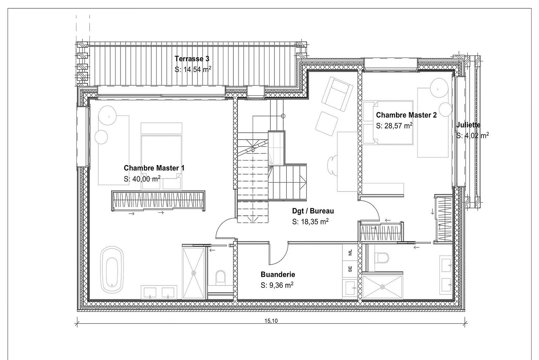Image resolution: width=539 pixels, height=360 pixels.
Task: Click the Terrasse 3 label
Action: (x=189, y=59)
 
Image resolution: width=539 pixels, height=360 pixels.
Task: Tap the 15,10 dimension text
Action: (x=271, y=321)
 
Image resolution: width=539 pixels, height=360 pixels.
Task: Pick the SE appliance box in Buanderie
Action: (x=350, y=269)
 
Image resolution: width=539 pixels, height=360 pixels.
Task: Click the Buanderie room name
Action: (x=278, y=275)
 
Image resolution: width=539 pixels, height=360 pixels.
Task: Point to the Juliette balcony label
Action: (x=468, y=125)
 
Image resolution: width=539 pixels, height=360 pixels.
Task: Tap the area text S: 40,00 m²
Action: (x=142, y=179)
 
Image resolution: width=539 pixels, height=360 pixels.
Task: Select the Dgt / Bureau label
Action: (x=313, y=211)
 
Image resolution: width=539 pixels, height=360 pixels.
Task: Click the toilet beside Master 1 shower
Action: (x=220, y=277)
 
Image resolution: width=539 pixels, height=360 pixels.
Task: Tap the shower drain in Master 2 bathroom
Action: (x=382, y=287)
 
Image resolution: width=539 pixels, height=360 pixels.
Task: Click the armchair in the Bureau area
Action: (x=338, y=94)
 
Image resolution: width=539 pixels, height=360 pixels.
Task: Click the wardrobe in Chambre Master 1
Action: (x=158, y=201)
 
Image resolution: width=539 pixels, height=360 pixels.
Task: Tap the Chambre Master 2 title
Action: (x=406, y=115)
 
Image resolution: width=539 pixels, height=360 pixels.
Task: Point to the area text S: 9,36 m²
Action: (x=277, y=286)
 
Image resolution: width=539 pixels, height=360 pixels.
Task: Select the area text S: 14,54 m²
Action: (x=193, y=70)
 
